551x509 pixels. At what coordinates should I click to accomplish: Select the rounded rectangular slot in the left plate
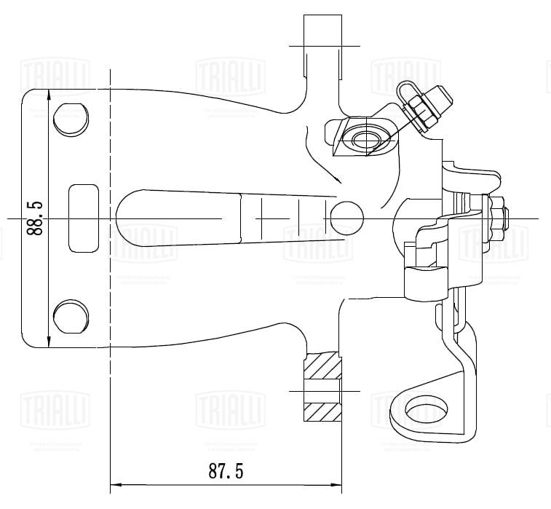click(83, 218)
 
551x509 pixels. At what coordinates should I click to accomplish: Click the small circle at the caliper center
click(346, 218)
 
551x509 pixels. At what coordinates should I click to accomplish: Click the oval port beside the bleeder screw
click(365, 138)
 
